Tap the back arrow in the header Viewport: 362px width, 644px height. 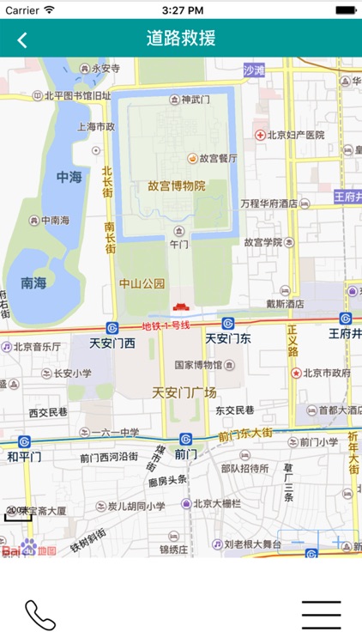pos(22,39)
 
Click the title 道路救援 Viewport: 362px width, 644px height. pos(181,39)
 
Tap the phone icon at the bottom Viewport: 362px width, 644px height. pos(39,615)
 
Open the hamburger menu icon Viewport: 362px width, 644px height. pos(322,615)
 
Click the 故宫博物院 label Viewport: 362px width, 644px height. pos(177,185)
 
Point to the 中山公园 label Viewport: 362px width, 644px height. pos(142,283)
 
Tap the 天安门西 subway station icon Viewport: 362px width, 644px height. pos(112,327)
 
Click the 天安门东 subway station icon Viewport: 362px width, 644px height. pos(228,324)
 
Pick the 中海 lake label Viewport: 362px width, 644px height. pos(69,177)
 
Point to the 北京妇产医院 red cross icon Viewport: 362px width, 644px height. pos(258,135)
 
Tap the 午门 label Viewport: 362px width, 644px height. pos(178,244)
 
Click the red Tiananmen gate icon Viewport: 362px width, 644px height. pos(180,307)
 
